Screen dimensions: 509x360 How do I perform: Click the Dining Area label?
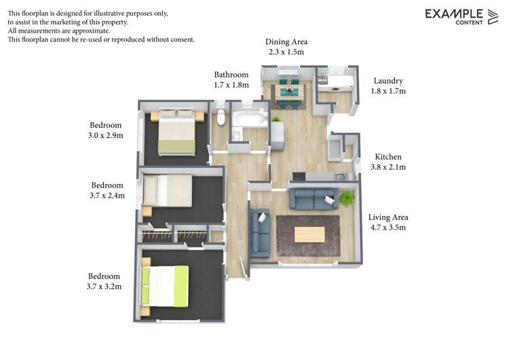pos(286,42)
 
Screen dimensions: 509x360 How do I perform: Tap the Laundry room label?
pos(388,81)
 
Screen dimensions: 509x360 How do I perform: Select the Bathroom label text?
pos(231,75)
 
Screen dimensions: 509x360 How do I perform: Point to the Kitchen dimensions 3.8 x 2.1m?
pos(388,167)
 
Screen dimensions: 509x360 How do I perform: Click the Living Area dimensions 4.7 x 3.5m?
pos(388,228)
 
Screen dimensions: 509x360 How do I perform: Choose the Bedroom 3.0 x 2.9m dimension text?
pos(105,135)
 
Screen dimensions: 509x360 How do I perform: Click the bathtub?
pos(249,119)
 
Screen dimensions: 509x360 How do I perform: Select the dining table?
pos(289,92)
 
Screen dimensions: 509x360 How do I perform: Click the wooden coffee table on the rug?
pos(309,234)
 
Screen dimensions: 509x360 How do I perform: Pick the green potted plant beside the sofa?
pos(347,198)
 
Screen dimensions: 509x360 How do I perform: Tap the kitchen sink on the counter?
pos(341,177)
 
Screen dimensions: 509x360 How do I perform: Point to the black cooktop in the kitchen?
pos(299,177)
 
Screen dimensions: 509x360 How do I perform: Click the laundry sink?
pos(322,79)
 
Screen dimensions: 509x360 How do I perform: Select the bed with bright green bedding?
pos(165,286)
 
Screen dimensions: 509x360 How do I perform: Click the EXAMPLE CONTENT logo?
pos(461,17)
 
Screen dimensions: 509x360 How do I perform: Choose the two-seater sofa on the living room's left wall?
pos(260,233)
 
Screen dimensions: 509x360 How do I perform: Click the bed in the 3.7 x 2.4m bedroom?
pos(168,190)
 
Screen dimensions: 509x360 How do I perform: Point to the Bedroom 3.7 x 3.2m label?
pos(105,281)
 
